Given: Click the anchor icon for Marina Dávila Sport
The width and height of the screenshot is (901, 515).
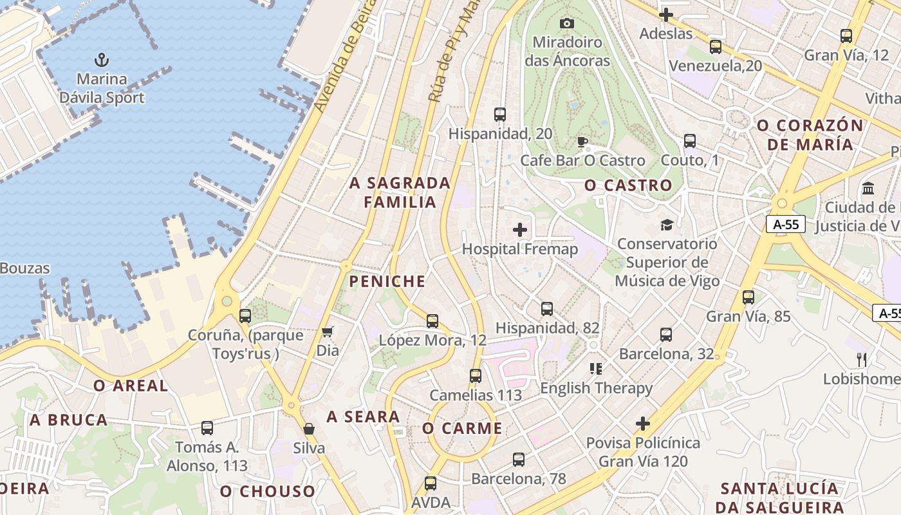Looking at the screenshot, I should [x=102, y=60].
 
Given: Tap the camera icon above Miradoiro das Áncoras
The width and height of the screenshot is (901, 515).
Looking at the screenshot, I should [x=567, y=23].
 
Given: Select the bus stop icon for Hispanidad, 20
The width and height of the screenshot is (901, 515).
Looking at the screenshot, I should [x=500, y=115].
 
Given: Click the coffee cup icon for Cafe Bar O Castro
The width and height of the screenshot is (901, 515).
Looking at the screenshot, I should [x=582, y=142].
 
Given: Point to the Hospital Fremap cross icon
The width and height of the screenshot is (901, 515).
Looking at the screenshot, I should [x=520, y=229].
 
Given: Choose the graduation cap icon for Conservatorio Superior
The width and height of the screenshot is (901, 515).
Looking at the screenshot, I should [x=667, y=225].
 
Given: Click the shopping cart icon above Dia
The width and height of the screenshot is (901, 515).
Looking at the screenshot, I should [x=328, y=332].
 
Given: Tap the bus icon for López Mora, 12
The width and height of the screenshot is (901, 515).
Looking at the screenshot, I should [x=432, y=321].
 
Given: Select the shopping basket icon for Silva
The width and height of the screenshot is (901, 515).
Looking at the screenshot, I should [x=309, y=429].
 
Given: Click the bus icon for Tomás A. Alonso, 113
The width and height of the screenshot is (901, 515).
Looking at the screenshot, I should [x=207, y=427].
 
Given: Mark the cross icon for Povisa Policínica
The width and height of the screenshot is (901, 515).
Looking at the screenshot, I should [x=643, y=424].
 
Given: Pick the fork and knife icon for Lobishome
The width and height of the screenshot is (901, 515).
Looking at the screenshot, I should [x=862, y=359].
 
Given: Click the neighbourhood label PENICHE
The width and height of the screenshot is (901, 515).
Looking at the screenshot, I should [x=387, y=281].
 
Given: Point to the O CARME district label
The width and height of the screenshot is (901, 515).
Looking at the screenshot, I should [x=462, y=429].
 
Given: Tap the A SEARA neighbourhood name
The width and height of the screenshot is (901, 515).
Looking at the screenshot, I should [x=364, y=417].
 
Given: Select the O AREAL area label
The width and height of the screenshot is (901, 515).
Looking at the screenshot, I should [x=131, y=386].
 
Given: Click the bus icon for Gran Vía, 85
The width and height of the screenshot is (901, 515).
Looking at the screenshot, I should [x=748, y=297].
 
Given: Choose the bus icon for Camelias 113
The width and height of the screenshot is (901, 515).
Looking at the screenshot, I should [x=476, y=376].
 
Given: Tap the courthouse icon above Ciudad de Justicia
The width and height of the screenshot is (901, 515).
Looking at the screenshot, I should [x=868, y=189].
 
